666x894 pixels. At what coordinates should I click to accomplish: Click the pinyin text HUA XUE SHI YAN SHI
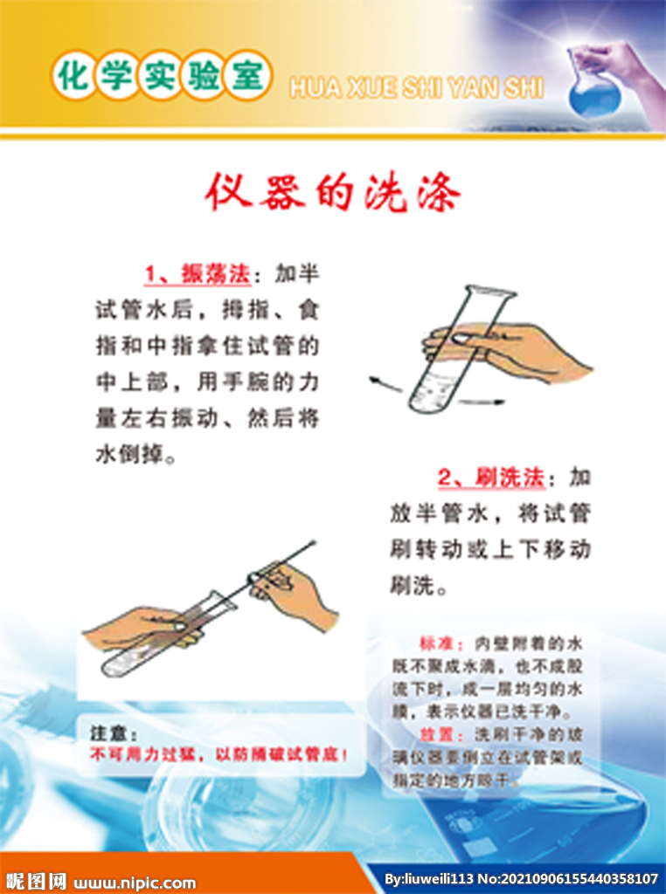(x=416, y=88)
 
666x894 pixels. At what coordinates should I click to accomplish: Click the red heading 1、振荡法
(x=198, y=274)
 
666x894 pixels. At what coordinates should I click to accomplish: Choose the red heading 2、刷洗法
(x=491, y=478)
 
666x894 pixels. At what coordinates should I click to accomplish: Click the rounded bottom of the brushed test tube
(x=108, y=669)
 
